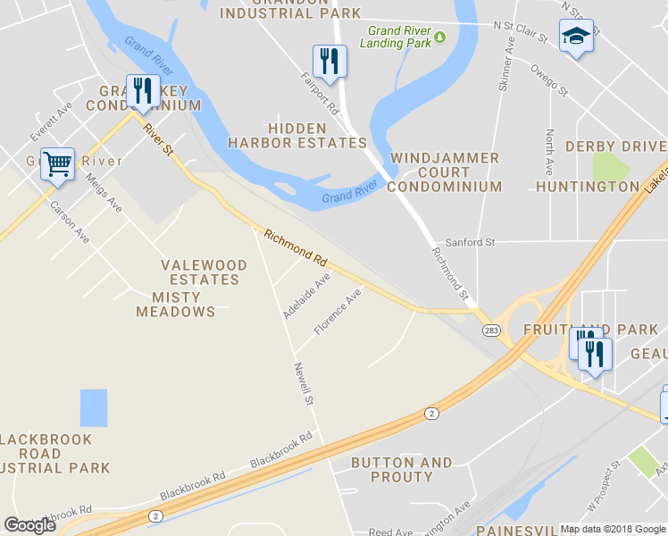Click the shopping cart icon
tap(57, 164)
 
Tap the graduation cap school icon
tap(576, 37)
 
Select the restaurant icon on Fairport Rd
tap(330, 61)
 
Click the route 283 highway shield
tap(491, 330)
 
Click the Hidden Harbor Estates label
tap(297, 136)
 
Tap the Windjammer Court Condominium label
tap(445, 172)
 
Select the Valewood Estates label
tap(200, 272)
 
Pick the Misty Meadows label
tap(176, 305)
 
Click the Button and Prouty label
tap(402, 470)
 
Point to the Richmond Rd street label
tap(296, 246)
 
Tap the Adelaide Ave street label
tap(306, 297)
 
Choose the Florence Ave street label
tap(338, 312)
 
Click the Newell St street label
tap(305, 381)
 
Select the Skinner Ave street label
tap(506, 63)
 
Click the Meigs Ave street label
tap(104, 192)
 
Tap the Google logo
tap(29, 525)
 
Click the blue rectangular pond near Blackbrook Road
tap(93, 407)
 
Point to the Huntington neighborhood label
tap(587, 187)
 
